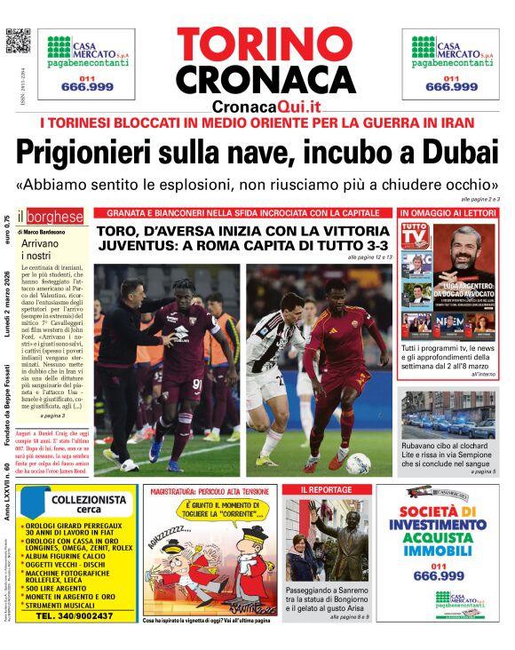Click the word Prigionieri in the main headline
(80, 152)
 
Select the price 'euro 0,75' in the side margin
(9, 232)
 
